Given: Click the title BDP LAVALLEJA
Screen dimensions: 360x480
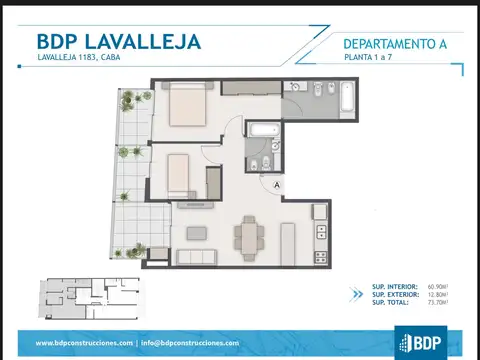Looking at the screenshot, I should tap(118, 41).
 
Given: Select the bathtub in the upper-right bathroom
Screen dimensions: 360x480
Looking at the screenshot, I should tap(345, 98).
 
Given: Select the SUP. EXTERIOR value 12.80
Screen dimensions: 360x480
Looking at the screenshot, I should tap(437, 294).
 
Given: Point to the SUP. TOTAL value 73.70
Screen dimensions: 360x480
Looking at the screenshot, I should tap(437, 302).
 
